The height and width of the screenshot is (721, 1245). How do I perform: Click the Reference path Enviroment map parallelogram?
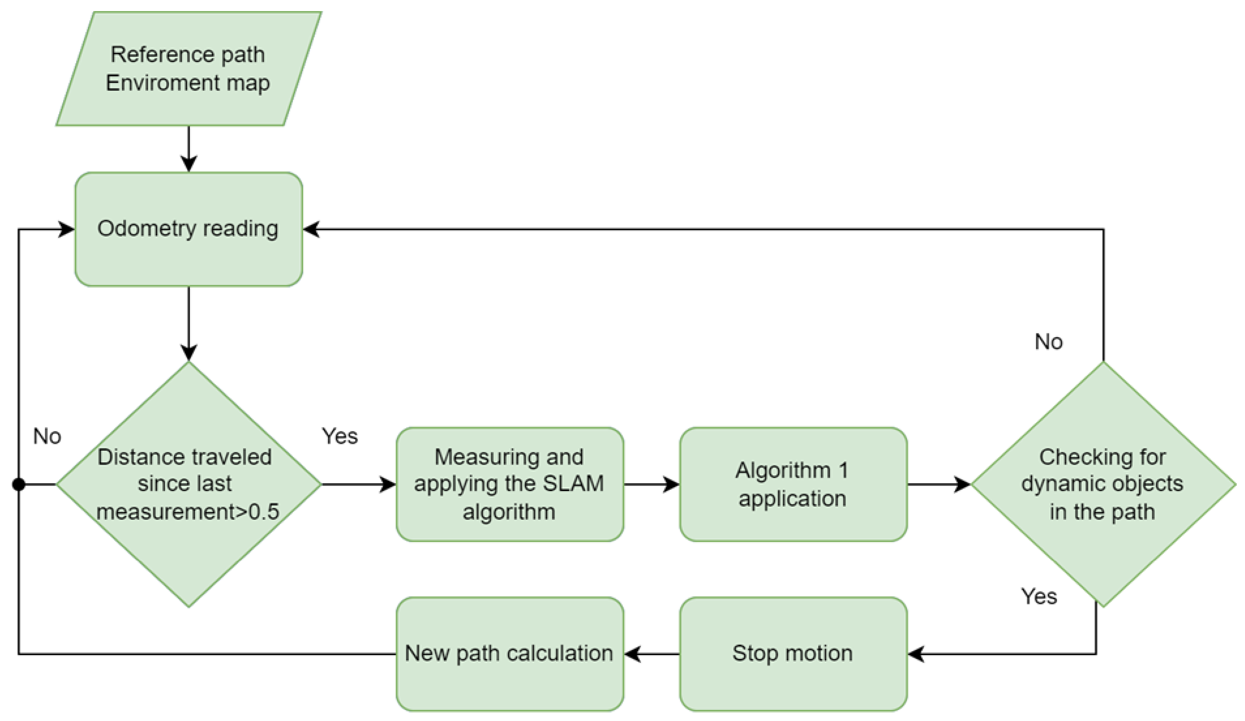pyautogui.click(x=188, y=69)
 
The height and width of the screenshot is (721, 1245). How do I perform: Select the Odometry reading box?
pyautogui.click(x=188, y=229)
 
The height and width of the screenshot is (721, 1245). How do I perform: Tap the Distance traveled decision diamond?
pyautogui.click(x=188, y=484)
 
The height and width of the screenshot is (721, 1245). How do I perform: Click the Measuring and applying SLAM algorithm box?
pyautogui.click(x=509, y=484)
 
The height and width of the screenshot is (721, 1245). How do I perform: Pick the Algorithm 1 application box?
pyautogui.click(x=793, y=484)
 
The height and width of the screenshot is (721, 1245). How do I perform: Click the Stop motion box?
pyautogui.click(x=793, y=654)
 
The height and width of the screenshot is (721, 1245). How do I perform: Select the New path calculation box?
pyautogui.click(x=509, y=654)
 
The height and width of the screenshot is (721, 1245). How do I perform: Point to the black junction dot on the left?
pyautogui.click(x=19, y=484)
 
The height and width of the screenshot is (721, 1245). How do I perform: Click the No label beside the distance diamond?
pyautogui.click(x=47, y=436)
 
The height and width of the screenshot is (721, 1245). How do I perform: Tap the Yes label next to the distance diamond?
pyautogui.click(x=340, y=436)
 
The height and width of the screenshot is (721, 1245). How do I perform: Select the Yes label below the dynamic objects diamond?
pyautogui.click(x=1039, y=596)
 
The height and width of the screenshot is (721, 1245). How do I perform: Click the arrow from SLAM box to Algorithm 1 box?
pyautogui.click(x=651, y=484)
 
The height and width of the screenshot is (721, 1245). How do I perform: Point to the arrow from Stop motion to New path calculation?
pyautogui.click(x=651, y=654)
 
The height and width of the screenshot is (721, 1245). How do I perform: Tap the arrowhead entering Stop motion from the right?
pyautogui.click(x=916, y=654)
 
